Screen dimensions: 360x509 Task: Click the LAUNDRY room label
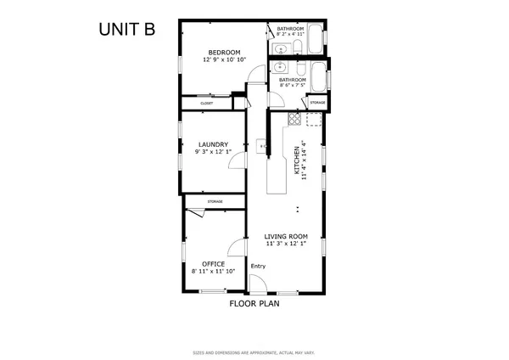click(211, 144)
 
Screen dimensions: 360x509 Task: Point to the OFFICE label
click(213, 263)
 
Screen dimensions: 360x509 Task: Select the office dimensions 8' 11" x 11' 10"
click(213, 271)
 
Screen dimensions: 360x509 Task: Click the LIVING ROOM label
click(285, 236)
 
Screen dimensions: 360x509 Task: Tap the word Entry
click(258, 267)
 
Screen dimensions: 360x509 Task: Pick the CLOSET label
click(207, 104)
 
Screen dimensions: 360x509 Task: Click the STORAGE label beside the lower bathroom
click(317, 103)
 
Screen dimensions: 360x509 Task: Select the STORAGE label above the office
click(215, 201)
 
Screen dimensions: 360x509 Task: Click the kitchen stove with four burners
click(294, 119)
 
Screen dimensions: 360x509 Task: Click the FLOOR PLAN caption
click(255, 302)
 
